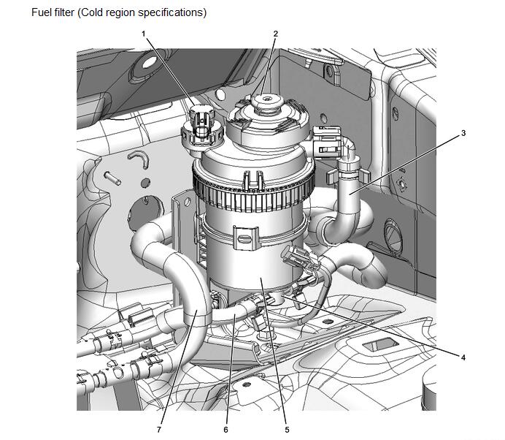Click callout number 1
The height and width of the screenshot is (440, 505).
[x=144, y=34]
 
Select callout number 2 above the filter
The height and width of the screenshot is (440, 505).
[x=276, y=34]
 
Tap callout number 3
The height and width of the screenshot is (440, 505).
[x=464, y=134]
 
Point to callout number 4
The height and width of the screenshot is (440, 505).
[x=463, y=357]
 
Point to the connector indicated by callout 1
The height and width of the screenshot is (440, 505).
[x=200, y=124]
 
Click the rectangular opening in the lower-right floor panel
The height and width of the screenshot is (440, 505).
[x=380, y=343]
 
